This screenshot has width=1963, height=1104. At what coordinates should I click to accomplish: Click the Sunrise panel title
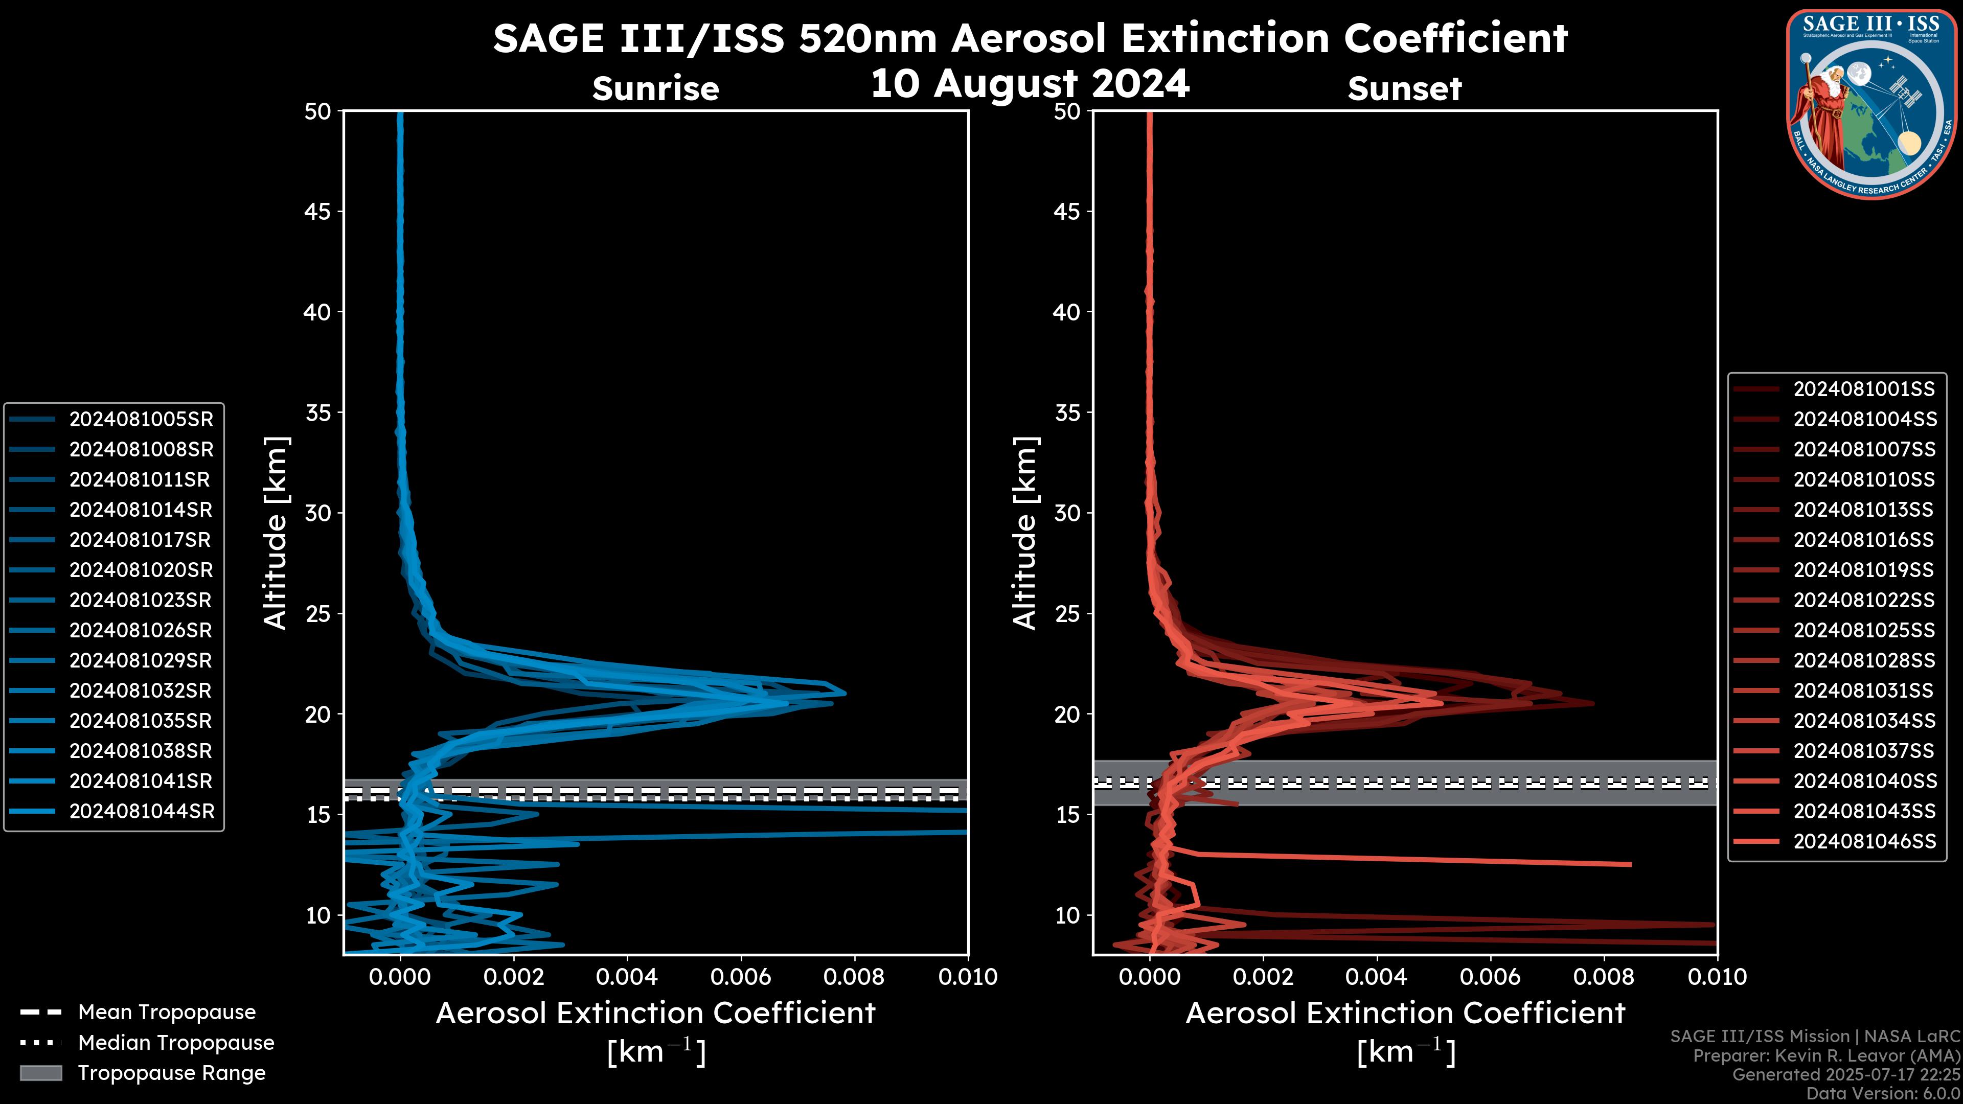(x=655, y=88)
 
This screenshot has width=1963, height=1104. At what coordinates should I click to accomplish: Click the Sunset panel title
(x=1404, y=88)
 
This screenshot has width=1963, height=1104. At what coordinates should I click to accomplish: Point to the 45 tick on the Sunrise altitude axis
(x=318, y=211)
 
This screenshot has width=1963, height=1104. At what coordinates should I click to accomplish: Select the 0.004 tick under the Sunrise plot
(x=626, y=977)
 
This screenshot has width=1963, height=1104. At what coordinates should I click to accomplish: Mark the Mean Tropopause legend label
(x=167, y=1012)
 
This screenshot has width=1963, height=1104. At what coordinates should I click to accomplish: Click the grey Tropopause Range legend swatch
(x=40, y=1073)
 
